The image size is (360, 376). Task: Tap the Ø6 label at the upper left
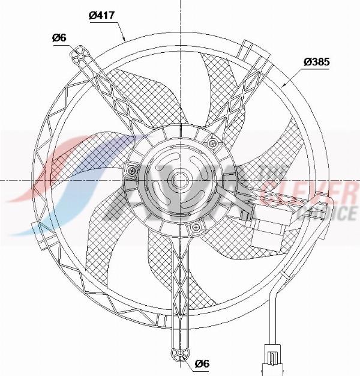click(x=59, y=38)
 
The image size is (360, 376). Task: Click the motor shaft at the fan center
click(x=178, y=180)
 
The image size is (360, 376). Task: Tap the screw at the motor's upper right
click(x=213, y=143)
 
